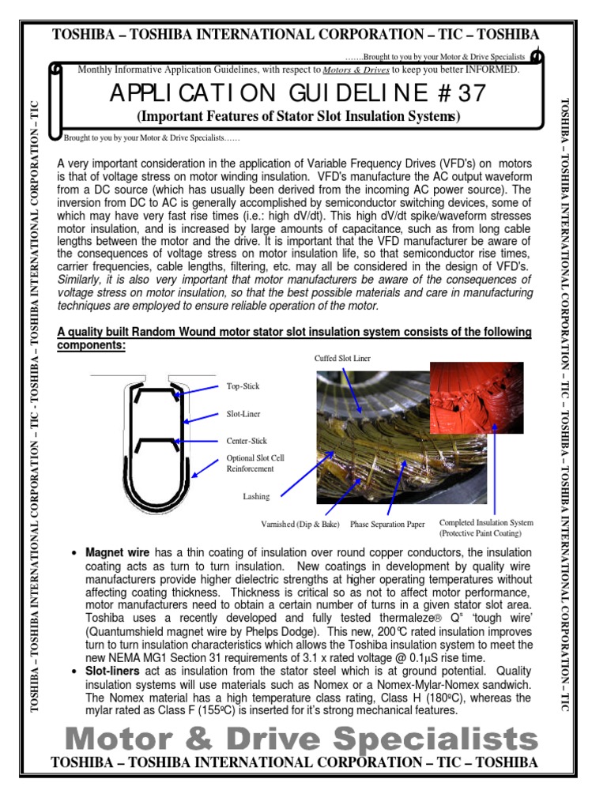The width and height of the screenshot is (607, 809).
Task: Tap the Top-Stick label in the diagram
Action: (x=243, y=387)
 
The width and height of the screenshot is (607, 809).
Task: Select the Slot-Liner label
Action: (x=243, y=414)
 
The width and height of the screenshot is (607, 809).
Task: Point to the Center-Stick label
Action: (x=247, y=441)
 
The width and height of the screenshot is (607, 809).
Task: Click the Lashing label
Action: (x=256, y=497)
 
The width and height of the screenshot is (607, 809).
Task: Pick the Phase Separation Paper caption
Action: (x=387, y=524)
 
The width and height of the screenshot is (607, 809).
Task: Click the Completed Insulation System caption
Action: (x=486, y=523)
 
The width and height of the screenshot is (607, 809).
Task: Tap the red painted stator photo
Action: (x=477, y=398)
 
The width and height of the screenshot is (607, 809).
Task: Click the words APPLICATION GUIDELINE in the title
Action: (x=261, y=95)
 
